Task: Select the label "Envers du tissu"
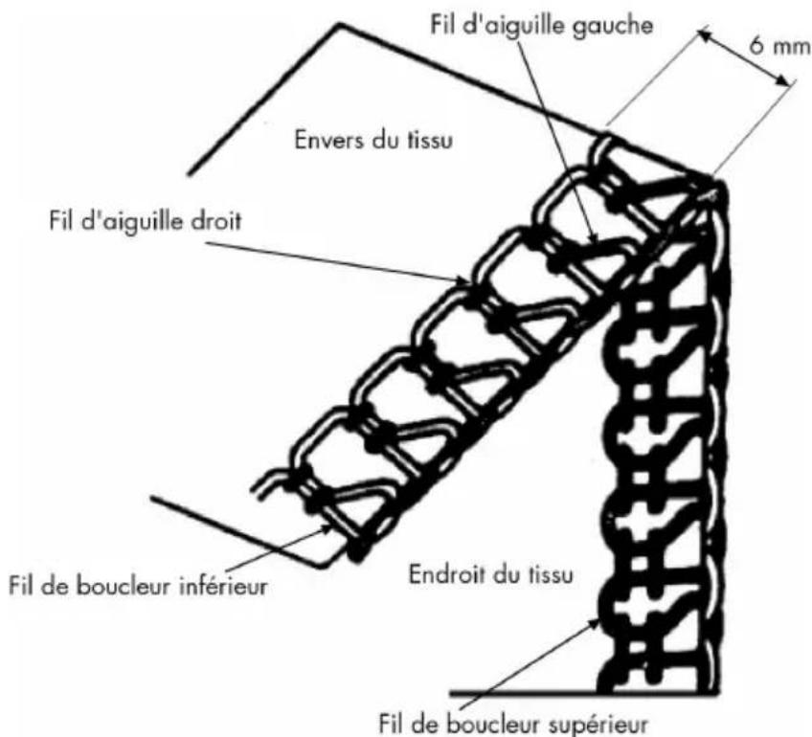tap(371, 143)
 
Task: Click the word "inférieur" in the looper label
tap(225, 584)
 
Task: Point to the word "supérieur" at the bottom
tap(609, 718)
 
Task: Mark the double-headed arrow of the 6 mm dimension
tap(745, 60)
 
